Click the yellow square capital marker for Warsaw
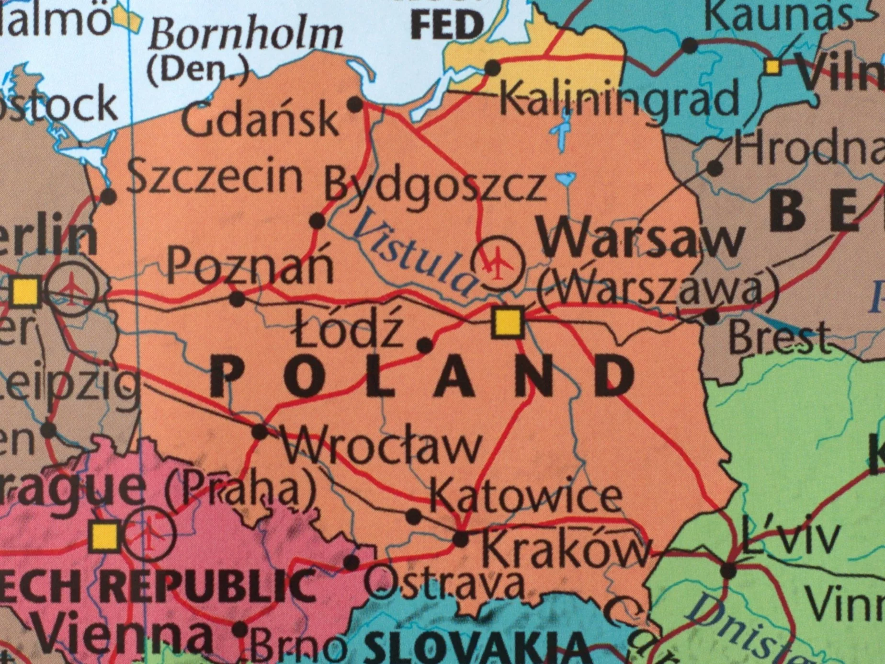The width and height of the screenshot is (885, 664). point(508,323)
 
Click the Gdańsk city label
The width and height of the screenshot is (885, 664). point(261,120)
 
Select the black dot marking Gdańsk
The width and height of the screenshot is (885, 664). point(355,104)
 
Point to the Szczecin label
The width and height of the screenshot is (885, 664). point(215,177)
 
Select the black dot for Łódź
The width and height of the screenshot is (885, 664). point(425,344)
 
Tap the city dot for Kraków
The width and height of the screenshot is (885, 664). point(461,539)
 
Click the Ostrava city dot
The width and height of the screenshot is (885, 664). point(352,562)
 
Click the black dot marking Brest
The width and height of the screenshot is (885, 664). point(711,317)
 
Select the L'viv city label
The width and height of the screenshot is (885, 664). point(790,536)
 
